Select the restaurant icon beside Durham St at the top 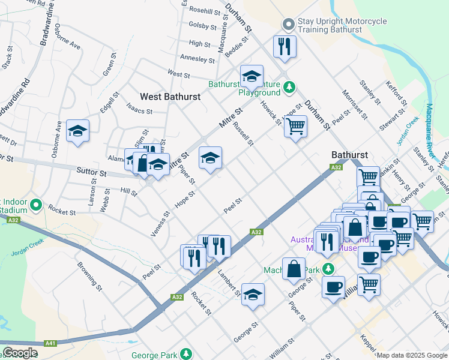point(283,46)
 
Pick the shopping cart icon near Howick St point(295,127)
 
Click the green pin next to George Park point(187,353)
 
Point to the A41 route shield point(50,343)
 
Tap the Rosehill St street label point(205,11)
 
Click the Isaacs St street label point(139,111)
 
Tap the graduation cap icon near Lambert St point(253,294)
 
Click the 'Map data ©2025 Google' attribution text point(412,355)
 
